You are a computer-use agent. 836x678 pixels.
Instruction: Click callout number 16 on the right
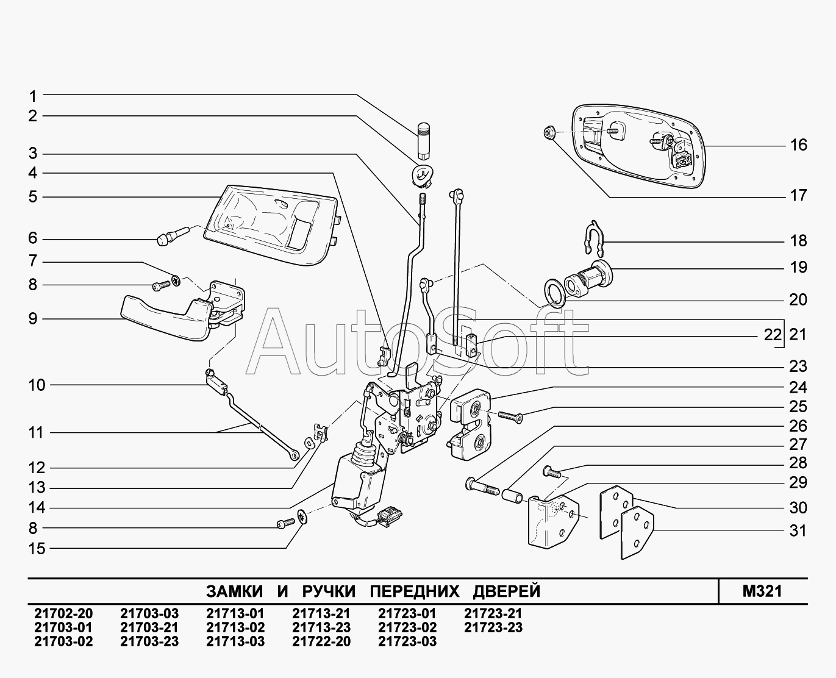point(798,145)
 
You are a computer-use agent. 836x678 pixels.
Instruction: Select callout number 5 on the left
point(32,197)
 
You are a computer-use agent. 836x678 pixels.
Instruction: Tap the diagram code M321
point(762,591)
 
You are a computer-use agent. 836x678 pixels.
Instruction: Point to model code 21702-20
point(63,613)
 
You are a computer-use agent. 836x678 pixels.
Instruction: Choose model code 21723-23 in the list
point(493,627)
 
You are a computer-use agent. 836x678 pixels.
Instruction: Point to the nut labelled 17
point(548,132)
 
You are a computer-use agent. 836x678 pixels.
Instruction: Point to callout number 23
point(798,366)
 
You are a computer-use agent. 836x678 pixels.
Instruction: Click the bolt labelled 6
point(168,237)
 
